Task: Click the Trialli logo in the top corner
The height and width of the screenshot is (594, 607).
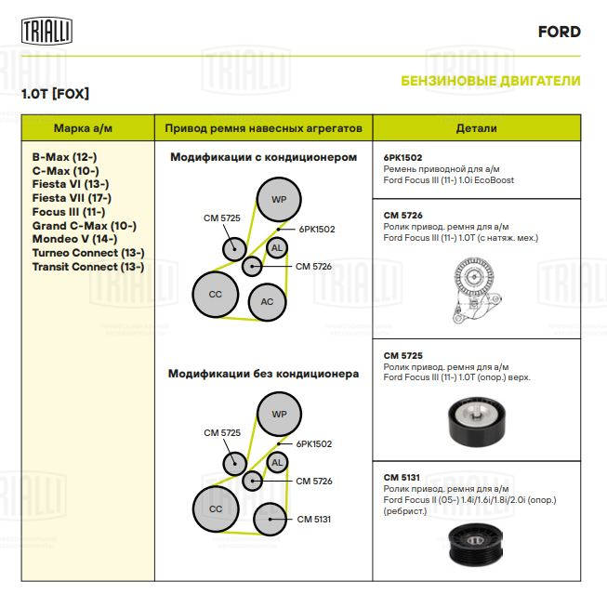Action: [46, 31]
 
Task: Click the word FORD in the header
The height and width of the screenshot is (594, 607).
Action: [560, 32]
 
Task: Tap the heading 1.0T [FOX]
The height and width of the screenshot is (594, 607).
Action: [55, 94]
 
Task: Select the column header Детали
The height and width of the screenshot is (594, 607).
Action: [477, 128]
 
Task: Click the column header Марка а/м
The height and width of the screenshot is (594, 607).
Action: [83, 128]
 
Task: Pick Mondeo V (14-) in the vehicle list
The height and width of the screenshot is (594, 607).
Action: [74, 239]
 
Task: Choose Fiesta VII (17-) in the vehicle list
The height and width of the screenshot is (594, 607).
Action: [72, 198]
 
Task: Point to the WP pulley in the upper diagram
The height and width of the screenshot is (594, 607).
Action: [279, 200]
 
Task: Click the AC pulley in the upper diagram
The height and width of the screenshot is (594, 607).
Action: [267, 301]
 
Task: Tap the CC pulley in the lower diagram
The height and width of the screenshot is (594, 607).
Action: [216, 508]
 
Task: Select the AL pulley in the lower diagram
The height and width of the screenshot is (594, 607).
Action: [277, 462]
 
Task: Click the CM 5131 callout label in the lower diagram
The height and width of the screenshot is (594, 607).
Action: [314, 520]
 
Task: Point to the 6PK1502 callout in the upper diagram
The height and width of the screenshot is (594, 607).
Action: [317, 230]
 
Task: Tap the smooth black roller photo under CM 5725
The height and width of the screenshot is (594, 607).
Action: [477, 421]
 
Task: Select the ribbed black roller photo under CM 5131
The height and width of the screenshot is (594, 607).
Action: [475, 545]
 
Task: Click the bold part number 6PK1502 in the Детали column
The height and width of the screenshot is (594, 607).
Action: [402, 158]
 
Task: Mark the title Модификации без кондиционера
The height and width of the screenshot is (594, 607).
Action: [264, 374]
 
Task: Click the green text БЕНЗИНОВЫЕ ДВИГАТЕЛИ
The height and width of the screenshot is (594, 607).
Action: [491, 81]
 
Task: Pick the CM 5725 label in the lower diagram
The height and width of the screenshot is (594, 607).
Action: [222, 432]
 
